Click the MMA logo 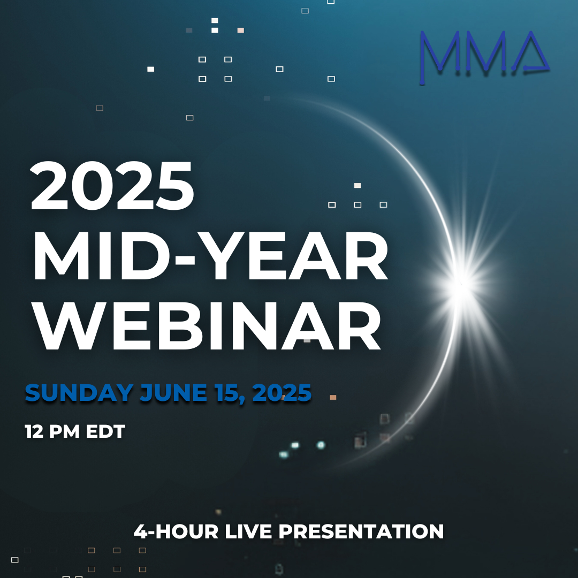coord(484,57)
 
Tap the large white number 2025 coord(112,186)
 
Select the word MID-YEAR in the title coord(210,256)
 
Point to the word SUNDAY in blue coord(79,393)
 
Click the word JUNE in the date coord(173,393)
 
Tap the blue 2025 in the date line coord(282,393)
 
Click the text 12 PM coord(52,431)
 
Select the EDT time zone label coord(105,431)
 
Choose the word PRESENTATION coord(361,531)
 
